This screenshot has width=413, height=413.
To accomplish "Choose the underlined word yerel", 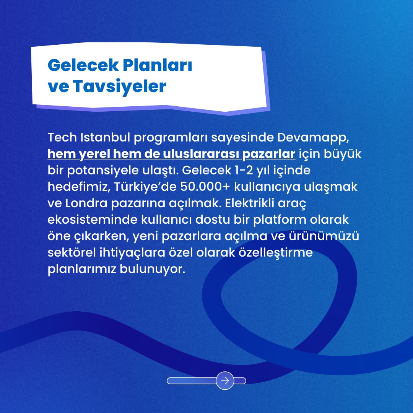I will (91, 153).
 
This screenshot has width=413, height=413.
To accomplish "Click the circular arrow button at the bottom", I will (225, 380).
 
